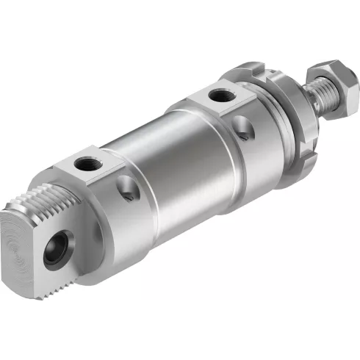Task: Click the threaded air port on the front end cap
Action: pyautogui.click(x=218, y=95)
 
